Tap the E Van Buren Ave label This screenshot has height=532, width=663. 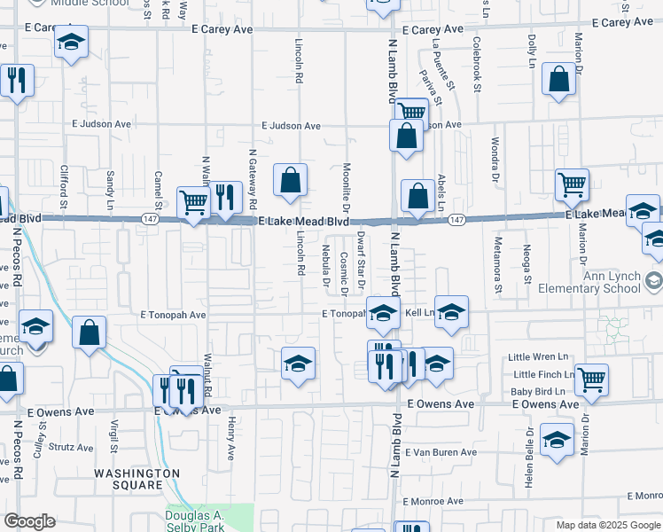[x=441, y=452]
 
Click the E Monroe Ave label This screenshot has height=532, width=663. [x=433, y=501]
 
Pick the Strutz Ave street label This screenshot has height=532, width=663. [x=71, y=448]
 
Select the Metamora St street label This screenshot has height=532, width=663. [x=499, y=264]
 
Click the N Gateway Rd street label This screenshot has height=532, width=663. [x=253, y=174]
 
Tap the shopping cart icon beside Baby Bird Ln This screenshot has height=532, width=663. [x=591, y=380]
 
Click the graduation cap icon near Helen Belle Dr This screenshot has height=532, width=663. [x=556, y=441]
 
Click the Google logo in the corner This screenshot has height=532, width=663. [x=29, y=521]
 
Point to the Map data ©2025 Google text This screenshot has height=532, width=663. [x=607, y=525]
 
